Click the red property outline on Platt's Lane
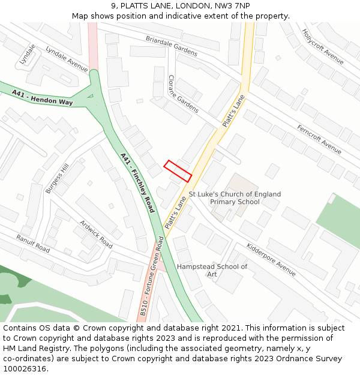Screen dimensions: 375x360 [x=178, y=171]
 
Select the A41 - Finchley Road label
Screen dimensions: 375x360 [x=137, y=182]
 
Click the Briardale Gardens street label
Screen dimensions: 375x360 [x=171, y=46]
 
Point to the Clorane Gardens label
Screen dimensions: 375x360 [x=183, y=94]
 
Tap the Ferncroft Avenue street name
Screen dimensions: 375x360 [x=319, y=139]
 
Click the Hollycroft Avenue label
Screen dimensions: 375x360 [x=323, y=46]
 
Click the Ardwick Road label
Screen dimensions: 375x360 [x=96, y=234]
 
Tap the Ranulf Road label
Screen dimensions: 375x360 [x=33, y=243]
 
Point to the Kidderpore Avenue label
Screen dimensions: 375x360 [x=271, y=260]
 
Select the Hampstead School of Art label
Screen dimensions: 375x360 [x=212, y=270]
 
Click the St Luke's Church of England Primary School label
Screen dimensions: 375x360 [x=235, y=198]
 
